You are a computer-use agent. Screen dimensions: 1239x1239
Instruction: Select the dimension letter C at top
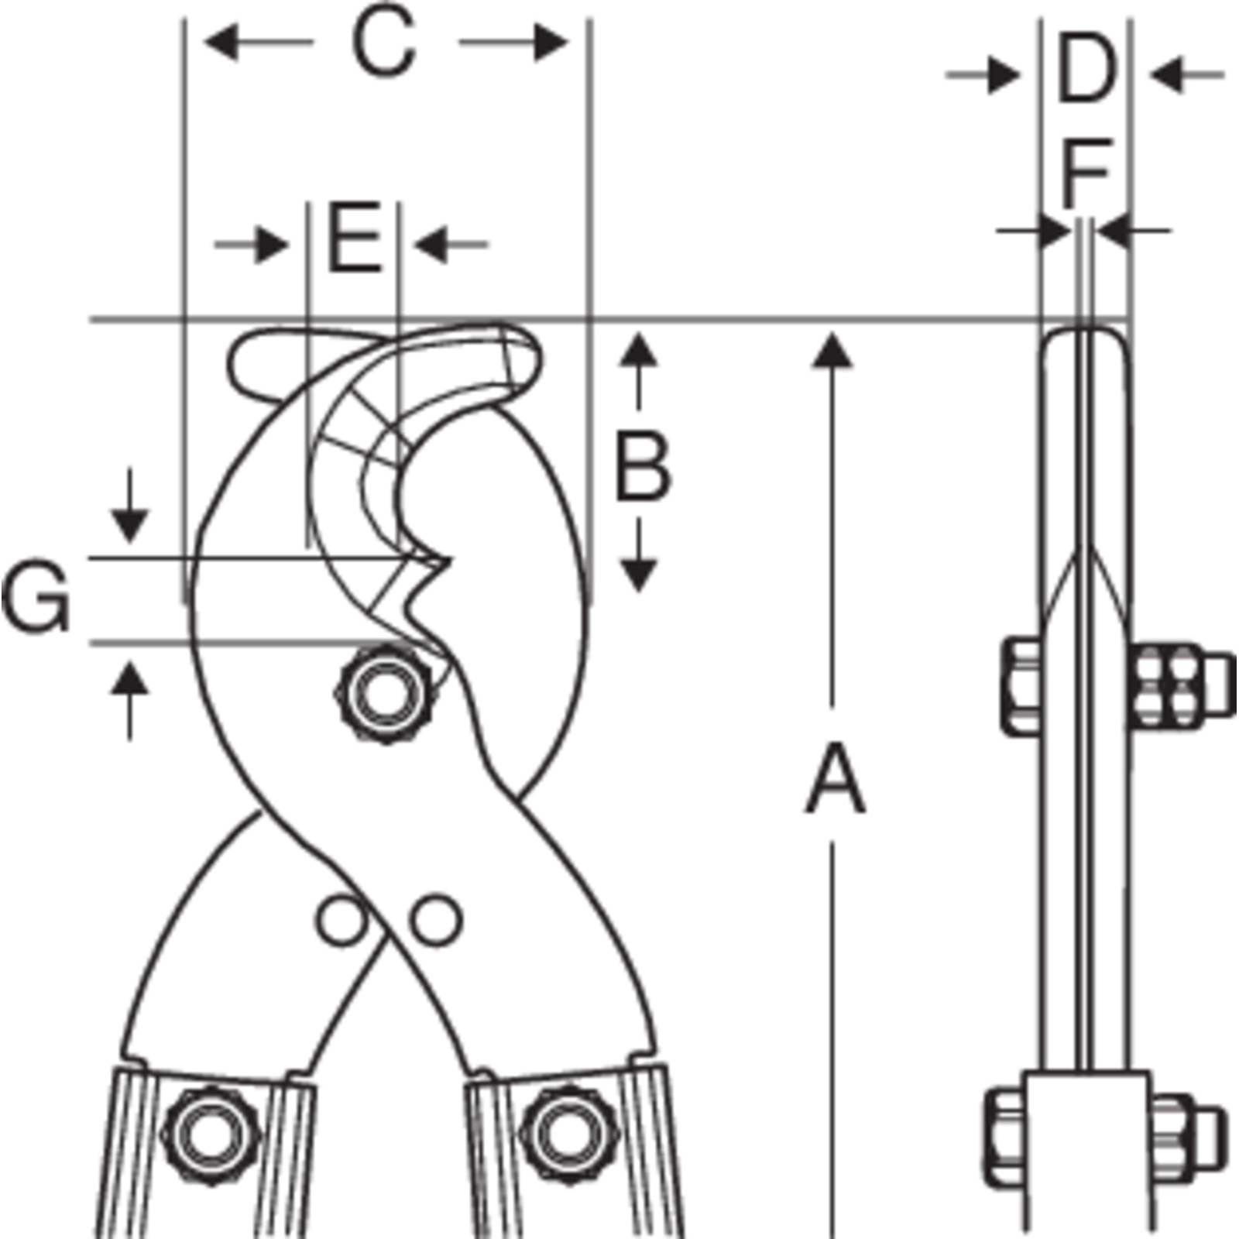pyautogui.click(x=384, y=43)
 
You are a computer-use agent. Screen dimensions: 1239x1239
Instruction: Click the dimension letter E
pyautogui.click(x=355, y=237)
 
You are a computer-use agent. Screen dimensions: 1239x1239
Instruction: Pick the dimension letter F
pyautogui.click(x=1087, y=173)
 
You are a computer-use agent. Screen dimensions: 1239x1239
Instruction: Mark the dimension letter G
pyautogui.click(x=36, y=598)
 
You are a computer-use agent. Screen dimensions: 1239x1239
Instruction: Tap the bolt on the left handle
pyautogui.click(x=211, y=1135)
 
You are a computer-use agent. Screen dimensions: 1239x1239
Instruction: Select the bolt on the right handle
pyautogui.click(x=564, y=1135)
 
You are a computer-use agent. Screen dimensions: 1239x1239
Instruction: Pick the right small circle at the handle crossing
pyautogui.click(x=436, y=919)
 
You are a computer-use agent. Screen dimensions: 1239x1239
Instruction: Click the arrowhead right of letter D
pyautogui.click(x=1166, y=75)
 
